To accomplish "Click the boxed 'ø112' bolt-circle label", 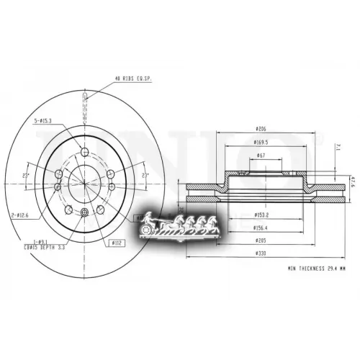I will click(x=114, y=243).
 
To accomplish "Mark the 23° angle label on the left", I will click(x=27, y=175).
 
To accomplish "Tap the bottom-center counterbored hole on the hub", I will click(x=85, y=212).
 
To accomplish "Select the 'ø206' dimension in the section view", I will click(x=261, y=129).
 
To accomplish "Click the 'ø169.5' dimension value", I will click(x=261, y=141).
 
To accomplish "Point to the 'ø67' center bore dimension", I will click(x=261, y=154).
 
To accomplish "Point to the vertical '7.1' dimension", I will click(x=339, y=149).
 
